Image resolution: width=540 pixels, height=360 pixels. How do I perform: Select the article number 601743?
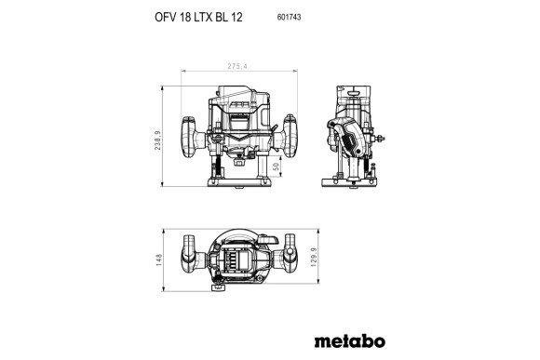click(x=290, y=18)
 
